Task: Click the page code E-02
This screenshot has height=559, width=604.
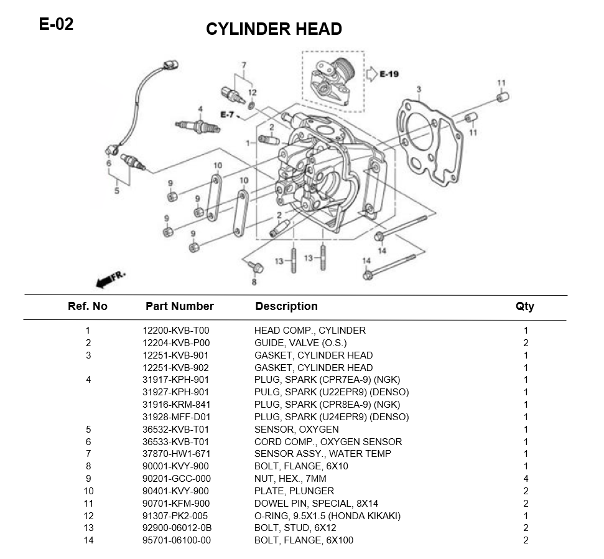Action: pyautogui.click(x=56, y=24)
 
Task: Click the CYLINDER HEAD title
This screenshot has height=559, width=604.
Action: pyautogui.click(x=274, y=29)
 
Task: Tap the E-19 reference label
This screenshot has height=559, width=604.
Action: pyautogui.click(x=389, y=74)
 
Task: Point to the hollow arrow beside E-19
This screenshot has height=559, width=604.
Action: pyautogui.click(x=369, y=74)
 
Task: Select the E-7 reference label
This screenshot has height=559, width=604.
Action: pyautogui.click(x=227, y=115)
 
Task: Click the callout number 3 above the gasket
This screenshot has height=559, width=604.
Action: pyautogui.click(x=419, y=90)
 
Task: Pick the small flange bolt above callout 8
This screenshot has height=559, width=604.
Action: pyautogui.click(x=254, y=266)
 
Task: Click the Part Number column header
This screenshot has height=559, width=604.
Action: pyautogui.click(x=179, y=306)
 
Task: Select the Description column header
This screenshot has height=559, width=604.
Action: pyautogui.click(x=286, y=306)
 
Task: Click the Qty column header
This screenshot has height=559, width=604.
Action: pyautogui.click(x=524, y=306)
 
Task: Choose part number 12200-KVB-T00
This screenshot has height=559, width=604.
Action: pyautogui.click(x=176, y=331)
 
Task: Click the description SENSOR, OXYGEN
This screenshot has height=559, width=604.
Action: pyautogui.click(x=296, y=430)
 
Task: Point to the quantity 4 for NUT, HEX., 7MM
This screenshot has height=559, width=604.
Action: pyautogui.click(x=526, y=479)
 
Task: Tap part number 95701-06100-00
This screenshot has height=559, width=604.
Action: pyautogui.click(x=177, y=540)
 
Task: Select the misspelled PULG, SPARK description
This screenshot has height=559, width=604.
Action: pyautogui.click(x=331, y=392)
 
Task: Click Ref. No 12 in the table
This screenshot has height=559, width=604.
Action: pyautogui.click(x=88, y=516)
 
